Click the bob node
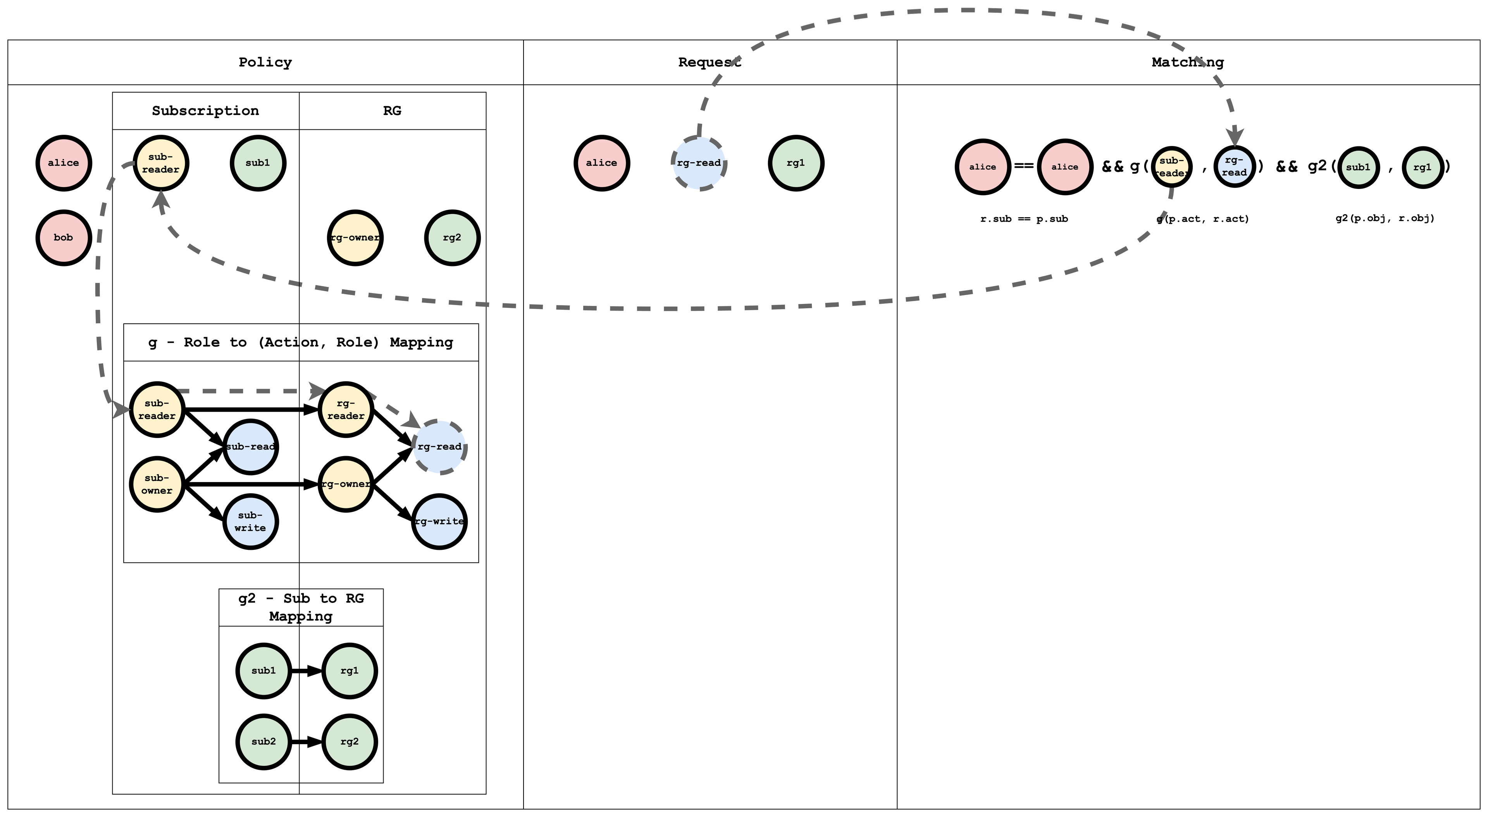pos(64,237)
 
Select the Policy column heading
pos(265,62)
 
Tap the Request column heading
pos(710,62)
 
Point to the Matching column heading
pos(1188,62)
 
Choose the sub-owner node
pos(157,484)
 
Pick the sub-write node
pos(250,522)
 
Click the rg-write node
pos(439,522)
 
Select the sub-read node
pos(250,447)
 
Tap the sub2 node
pos(263,742)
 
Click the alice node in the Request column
pos(601,163)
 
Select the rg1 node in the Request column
pos(796,163)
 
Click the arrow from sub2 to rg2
pos(306,742)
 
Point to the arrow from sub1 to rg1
pos(306,671)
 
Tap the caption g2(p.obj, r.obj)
pos(1385,218)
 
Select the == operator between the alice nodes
pos(1023,166)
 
